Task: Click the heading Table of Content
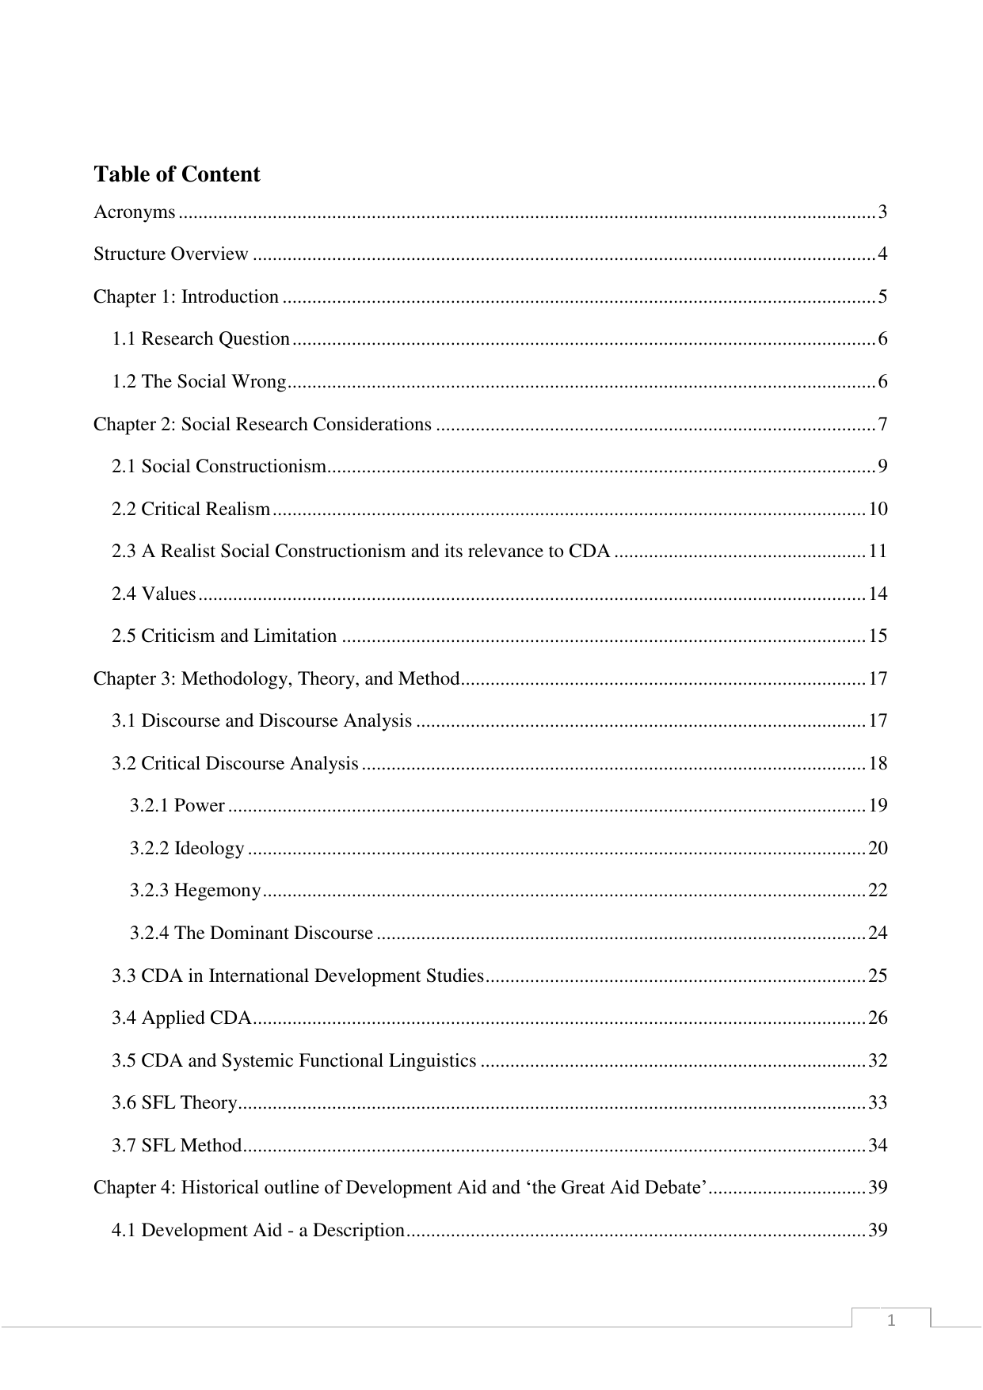[x=177, y=174]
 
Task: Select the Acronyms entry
[x=134, y=212]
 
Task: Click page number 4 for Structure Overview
[x=882, y=254]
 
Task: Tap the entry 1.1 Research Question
[x=200, y=339]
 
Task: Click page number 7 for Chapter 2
[x=882, y=424]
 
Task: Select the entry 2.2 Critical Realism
[x=191, y=509]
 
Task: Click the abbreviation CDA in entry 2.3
[x=589, y=551]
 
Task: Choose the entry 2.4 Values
[x=154, y=594]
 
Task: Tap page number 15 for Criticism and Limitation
[x=878, y=636]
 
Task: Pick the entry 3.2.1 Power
[x=177, y=806]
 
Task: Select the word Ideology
[x=209, y=849]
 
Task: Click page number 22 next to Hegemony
[x=878, y=891]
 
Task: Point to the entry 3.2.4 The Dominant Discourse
[x=251, y=933]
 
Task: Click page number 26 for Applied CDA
[x=878, y=1018]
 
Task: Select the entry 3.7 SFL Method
[x=176, y=1145]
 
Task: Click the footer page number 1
[x=891, y=1320]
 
